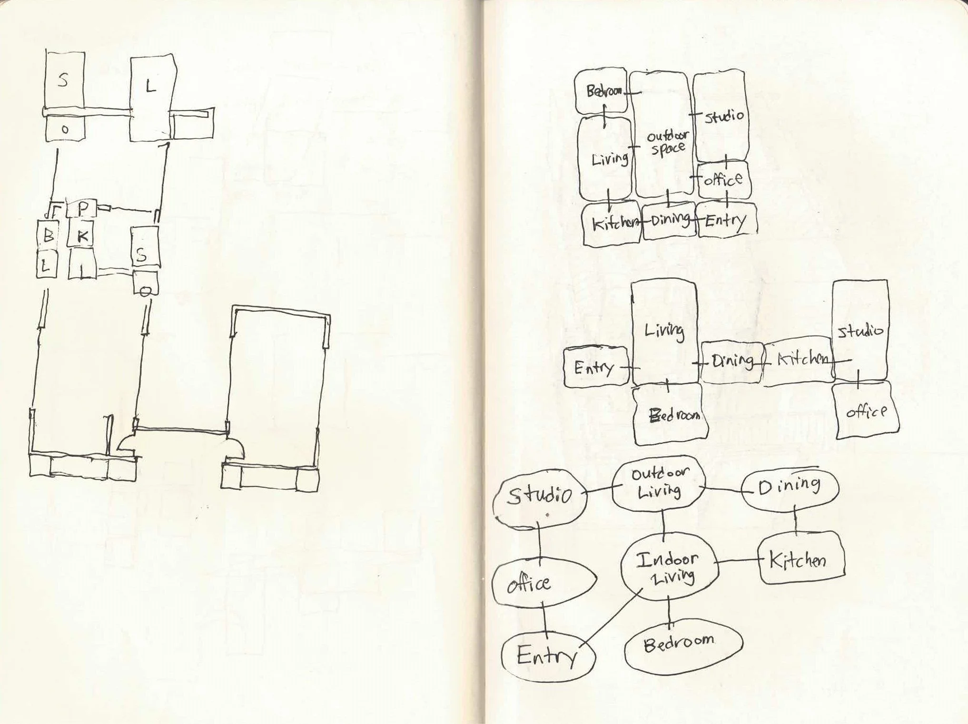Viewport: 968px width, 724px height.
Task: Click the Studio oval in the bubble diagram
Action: (539, 497)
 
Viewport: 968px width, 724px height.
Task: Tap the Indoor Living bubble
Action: (669, 568)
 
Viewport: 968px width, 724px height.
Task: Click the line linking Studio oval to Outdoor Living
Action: (599, 490)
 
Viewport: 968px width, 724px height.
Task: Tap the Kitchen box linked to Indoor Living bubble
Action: (800, 559)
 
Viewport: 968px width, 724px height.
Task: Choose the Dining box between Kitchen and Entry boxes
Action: (669, 221)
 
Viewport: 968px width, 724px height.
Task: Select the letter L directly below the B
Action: (46, 266)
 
